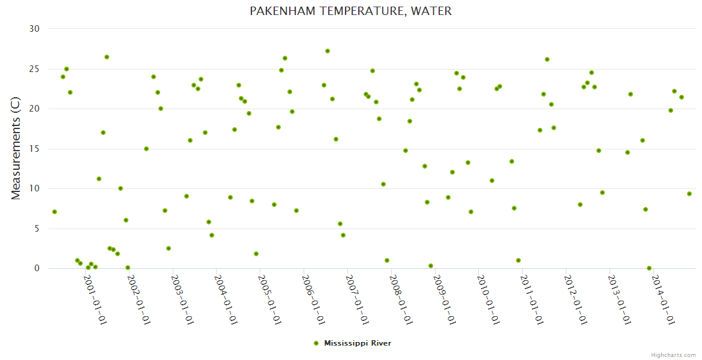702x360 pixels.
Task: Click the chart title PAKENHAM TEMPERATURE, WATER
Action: [350, 11]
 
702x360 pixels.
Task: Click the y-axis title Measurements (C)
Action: [16, 148]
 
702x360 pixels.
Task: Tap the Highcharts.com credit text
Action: [673, 355]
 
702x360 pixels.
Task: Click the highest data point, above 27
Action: [328, 51]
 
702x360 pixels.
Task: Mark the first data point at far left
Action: [55, 212]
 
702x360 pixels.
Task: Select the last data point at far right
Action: [689, 194]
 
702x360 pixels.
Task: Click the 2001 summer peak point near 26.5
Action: [107, 57]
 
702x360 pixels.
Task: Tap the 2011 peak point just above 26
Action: [547, 59]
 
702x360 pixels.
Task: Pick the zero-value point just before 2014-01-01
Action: [649, 268]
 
